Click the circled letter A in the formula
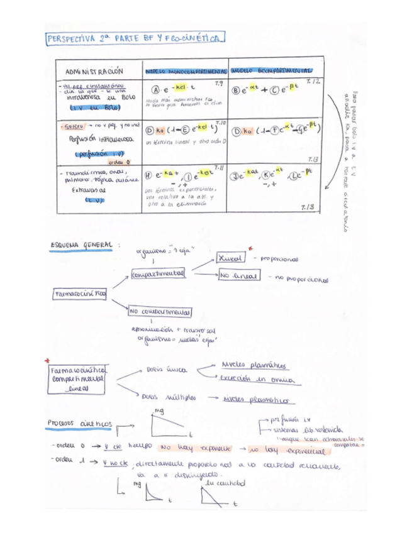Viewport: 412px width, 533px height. pyautogui.click(x=152, y=90)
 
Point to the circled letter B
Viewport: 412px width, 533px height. pyautogui.click(x=237, y=90)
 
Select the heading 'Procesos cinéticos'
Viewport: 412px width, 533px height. pyautogui.click(x=80, y=424)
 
